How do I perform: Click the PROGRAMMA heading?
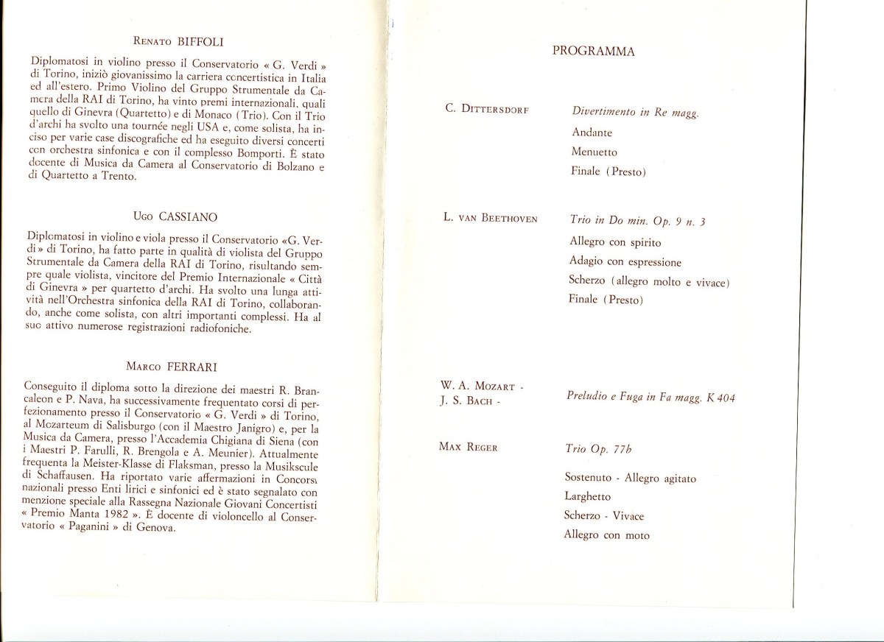(x=594, y=52)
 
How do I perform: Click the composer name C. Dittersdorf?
(x=486, y=110)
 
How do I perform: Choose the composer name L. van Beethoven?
(x=491, y=219)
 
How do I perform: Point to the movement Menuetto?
(x=594, y=152)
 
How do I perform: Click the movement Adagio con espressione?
(x=625, y=262)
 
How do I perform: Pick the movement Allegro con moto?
(x=607, y=535)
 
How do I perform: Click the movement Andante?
(x=592, y=133)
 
